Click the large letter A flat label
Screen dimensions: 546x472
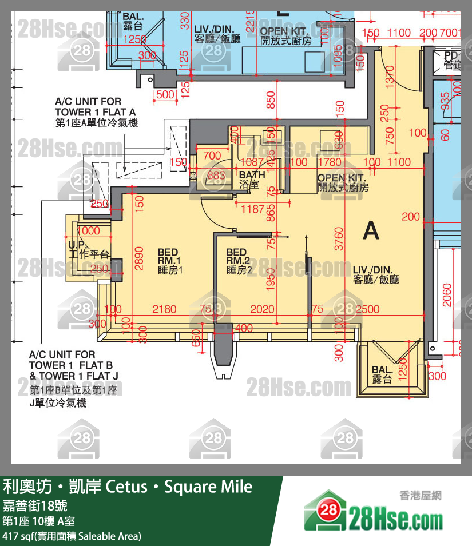[x=371, y=231]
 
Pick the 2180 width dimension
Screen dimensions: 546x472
[x=165, y=309]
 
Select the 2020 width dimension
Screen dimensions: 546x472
[x=263, y=309]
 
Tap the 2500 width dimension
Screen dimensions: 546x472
[x=367, y=309]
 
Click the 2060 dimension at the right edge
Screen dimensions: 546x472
[x=447, y=296]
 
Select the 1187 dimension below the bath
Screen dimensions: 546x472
[x=253, y=209]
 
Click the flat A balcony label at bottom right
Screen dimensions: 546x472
[x=381, y=374]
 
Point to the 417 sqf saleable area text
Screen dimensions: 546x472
[x=72, y=536]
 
